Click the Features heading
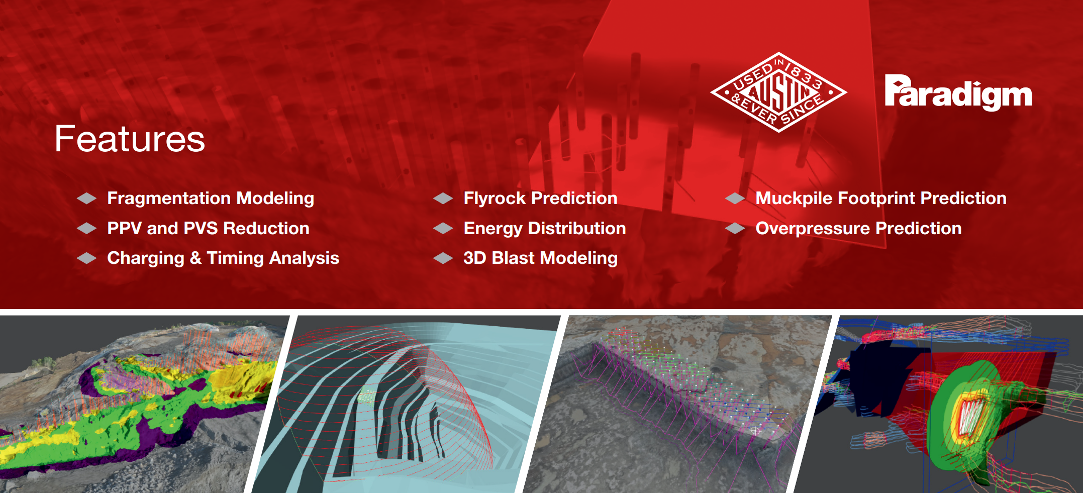(130, 139)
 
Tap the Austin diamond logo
(778, 92)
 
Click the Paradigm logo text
(958, 92)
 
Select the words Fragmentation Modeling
(211, 199)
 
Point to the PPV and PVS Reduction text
(208, 228)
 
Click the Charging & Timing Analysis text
(223, 258)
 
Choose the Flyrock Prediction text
(540, 199)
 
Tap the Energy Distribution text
(545, 229)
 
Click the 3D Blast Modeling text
(540, 258)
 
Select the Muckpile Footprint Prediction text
(881, 199)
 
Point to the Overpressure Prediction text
(858, 229)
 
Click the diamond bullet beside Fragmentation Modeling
(87, 199)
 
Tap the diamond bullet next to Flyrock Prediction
(443, 199)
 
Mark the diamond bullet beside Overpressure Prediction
(735, 229)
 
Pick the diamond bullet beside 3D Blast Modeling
(443, 258)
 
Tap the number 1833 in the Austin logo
(804, 73)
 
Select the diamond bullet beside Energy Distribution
(443, 229)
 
